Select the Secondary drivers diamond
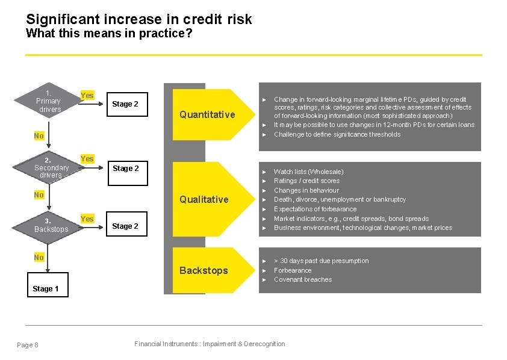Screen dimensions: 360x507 click(51, 167)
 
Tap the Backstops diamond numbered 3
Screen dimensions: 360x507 click(51, 225)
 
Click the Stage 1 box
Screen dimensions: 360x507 click(46, 288)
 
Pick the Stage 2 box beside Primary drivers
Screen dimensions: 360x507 click(125, 104)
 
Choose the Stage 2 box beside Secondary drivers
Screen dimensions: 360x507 click(125, 169)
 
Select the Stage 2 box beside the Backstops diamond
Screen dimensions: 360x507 click(125, 226)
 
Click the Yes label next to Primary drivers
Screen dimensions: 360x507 click(87, 95)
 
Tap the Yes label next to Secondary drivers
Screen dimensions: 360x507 click(87, 158)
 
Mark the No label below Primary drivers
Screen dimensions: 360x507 click(39, 136)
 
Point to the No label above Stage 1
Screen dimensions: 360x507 click(39, 258)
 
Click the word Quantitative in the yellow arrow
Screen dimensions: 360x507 click(207, 115)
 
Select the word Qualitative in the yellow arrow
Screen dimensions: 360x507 click(204, 199)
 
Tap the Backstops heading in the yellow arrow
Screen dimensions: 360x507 click(204, 270)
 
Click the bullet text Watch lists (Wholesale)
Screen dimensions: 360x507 click(308, 172)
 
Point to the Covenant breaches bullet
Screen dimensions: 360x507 click(303, 279)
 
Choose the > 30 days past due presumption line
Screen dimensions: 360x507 click(321, 261)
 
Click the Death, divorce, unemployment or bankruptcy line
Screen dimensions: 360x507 click(340, 199)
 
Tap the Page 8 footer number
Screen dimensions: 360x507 click(28, 345)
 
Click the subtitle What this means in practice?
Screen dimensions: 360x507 click(109, 33)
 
